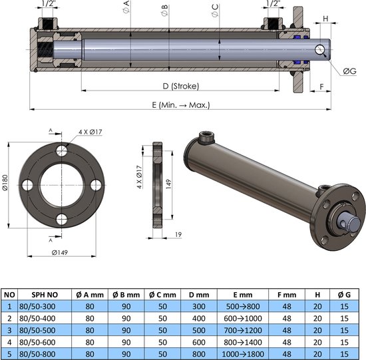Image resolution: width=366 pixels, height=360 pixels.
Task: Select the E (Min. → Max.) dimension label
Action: pyautogui.click(x=181, y=104)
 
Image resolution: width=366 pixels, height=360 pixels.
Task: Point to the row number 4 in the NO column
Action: pyautogui.click(x=9, y=341)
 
